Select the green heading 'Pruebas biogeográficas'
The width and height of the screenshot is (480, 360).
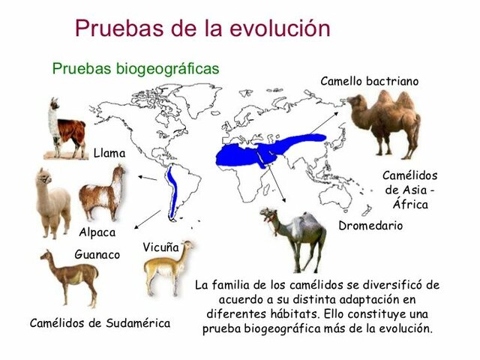(136, 68)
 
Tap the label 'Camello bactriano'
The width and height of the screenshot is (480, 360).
(369, 80)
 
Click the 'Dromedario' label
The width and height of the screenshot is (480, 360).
(370, 225)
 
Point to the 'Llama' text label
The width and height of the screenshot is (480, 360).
(109, 153)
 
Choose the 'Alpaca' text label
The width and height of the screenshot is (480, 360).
(97, 232)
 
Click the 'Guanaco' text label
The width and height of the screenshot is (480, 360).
(97, 254)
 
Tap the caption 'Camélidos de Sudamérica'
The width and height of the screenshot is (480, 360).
(100, 323)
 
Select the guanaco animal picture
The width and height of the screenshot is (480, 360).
(69, 277)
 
